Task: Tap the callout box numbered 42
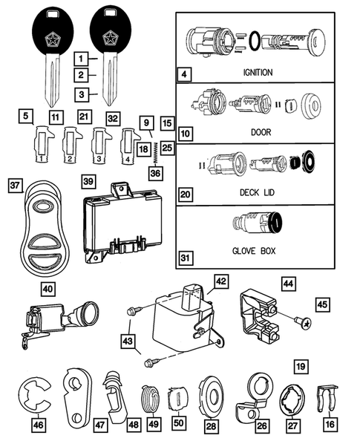point(220,281)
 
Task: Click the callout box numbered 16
point(327,425)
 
